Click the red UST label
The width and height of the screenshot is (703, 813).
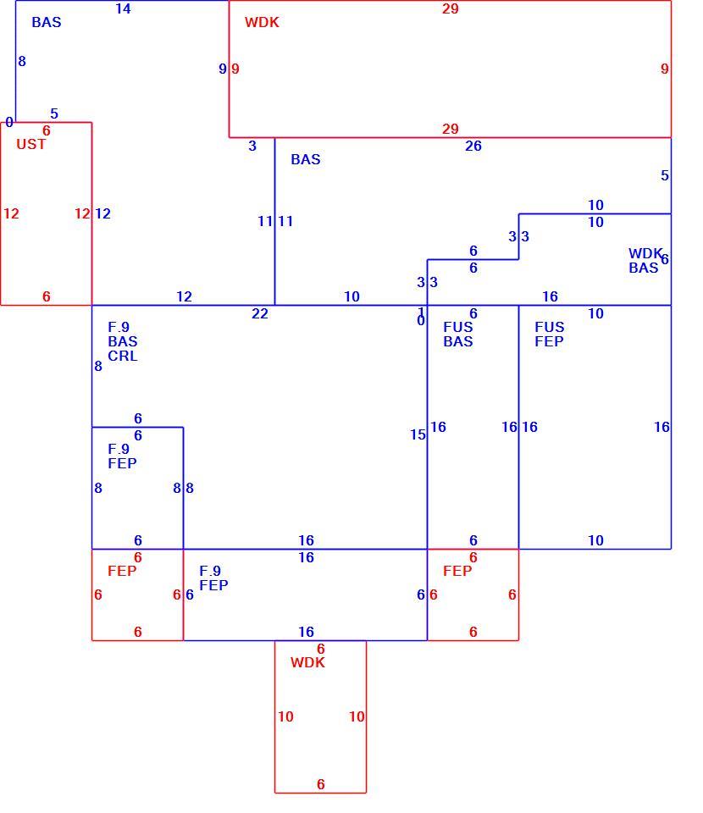pyautogui.click(x=31, y=144)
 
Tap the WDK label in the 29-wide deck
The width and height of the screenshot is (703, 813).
pyautogui.click(x=262, y=22)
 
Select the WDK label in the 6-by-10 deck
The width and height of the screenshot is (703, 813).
pyautogui.click(x=307, y=662)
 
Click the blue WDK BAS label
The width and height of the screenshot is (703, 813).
pyautogui.click(x=645, y=261)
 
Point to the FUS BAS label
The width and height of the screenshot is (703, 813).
pyautogui.click(x=457, y=335)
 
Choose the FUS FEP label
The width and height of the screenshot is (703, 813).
pyautogui.click(x=549, y=335)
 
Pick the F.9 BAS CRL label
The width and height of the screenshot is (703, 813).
pyautogui.click(x=122, y=341)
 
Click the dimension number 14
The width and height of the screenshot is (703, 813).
pyautogui.click(x=123, y=8)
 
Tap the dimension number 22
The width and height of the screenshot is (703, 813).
pyautogui.click(x=260, y=313)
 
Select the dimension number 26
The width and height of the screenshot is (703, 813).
pyautogui.click(x=473, y=147)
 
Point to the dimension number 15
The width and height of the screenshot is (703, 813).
pyautogui.click(x=418, y=435)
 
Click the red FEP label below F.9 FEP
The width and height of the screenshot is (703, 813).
pyautogui.click(x=122, y=571)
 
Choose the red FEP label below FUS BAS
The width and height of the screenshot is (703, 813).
pyautogui.click(x=457, y=571)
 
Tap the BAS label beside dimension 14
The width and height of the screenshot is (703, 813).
pyautogui.click(x=46, y=22)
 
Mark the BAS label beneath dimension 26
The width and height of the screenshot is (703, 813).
pyautogui.click(x=306, y=160)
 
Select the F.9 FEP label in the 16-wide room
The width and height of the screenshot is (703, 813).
pyautogui.click(x=213, y=578)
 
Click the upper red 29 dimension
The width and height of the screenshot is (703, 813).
pyautogui.click(x=450, y=8)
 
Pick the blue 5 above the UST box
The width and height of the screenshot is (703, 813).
pyautogui.click(x=54, y=113)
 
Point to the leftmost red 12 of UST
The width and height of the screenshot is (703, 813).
pyautogui.click(x=11, y=213)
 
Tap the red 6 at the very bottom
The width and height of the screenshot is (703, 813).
pyautogui.click(x=320, y=784)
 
